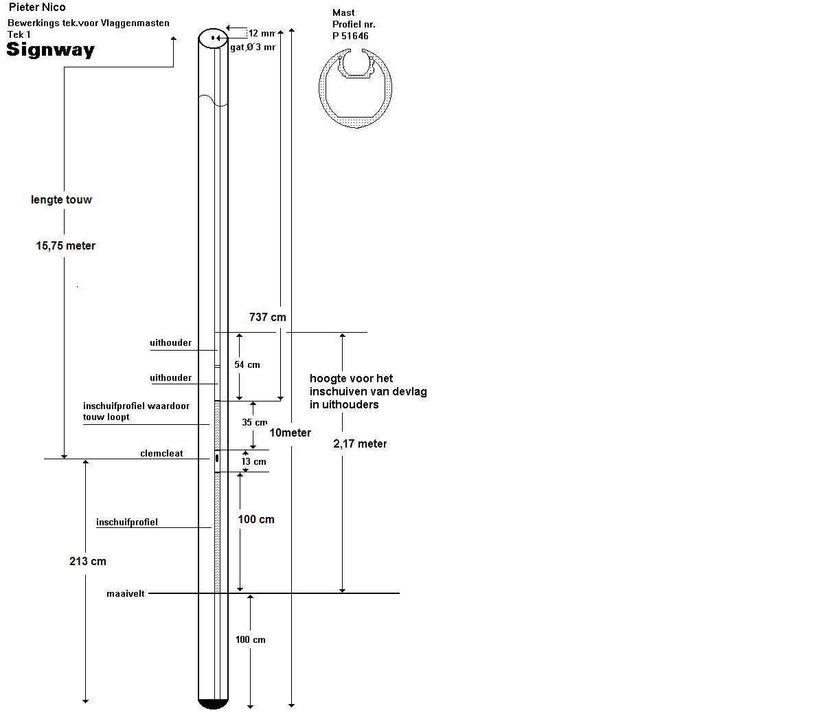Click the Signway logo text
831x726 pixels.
50,49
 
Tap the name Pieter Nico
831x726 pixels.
37,8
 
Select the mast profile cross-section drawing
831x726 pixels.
356,89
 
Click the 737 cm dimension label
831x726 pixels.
268,317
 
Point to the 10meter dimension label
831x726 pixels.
290,432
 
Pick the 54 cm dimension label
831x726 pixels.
247,364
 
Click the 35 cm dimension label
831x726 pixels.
254,422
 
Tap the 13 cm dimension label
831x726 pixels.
253,461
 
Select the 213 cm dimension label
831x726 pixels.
88,561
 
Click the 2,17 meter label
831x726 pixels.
360,443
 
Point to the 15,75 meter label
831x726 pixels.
66,245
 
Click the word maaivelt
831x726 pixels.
126,593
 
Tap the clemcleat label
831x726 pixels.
161,453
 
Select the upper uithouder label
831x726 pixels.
171,342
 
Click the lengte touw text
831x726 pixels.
61,199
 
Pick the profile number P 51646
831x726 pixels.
350,36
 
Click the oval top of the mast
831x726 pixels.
213,38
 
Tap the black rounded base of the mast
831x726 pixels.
213,703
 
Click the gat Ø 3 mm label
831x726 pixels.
253,47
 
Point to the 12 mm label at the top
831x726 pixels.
262,33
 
